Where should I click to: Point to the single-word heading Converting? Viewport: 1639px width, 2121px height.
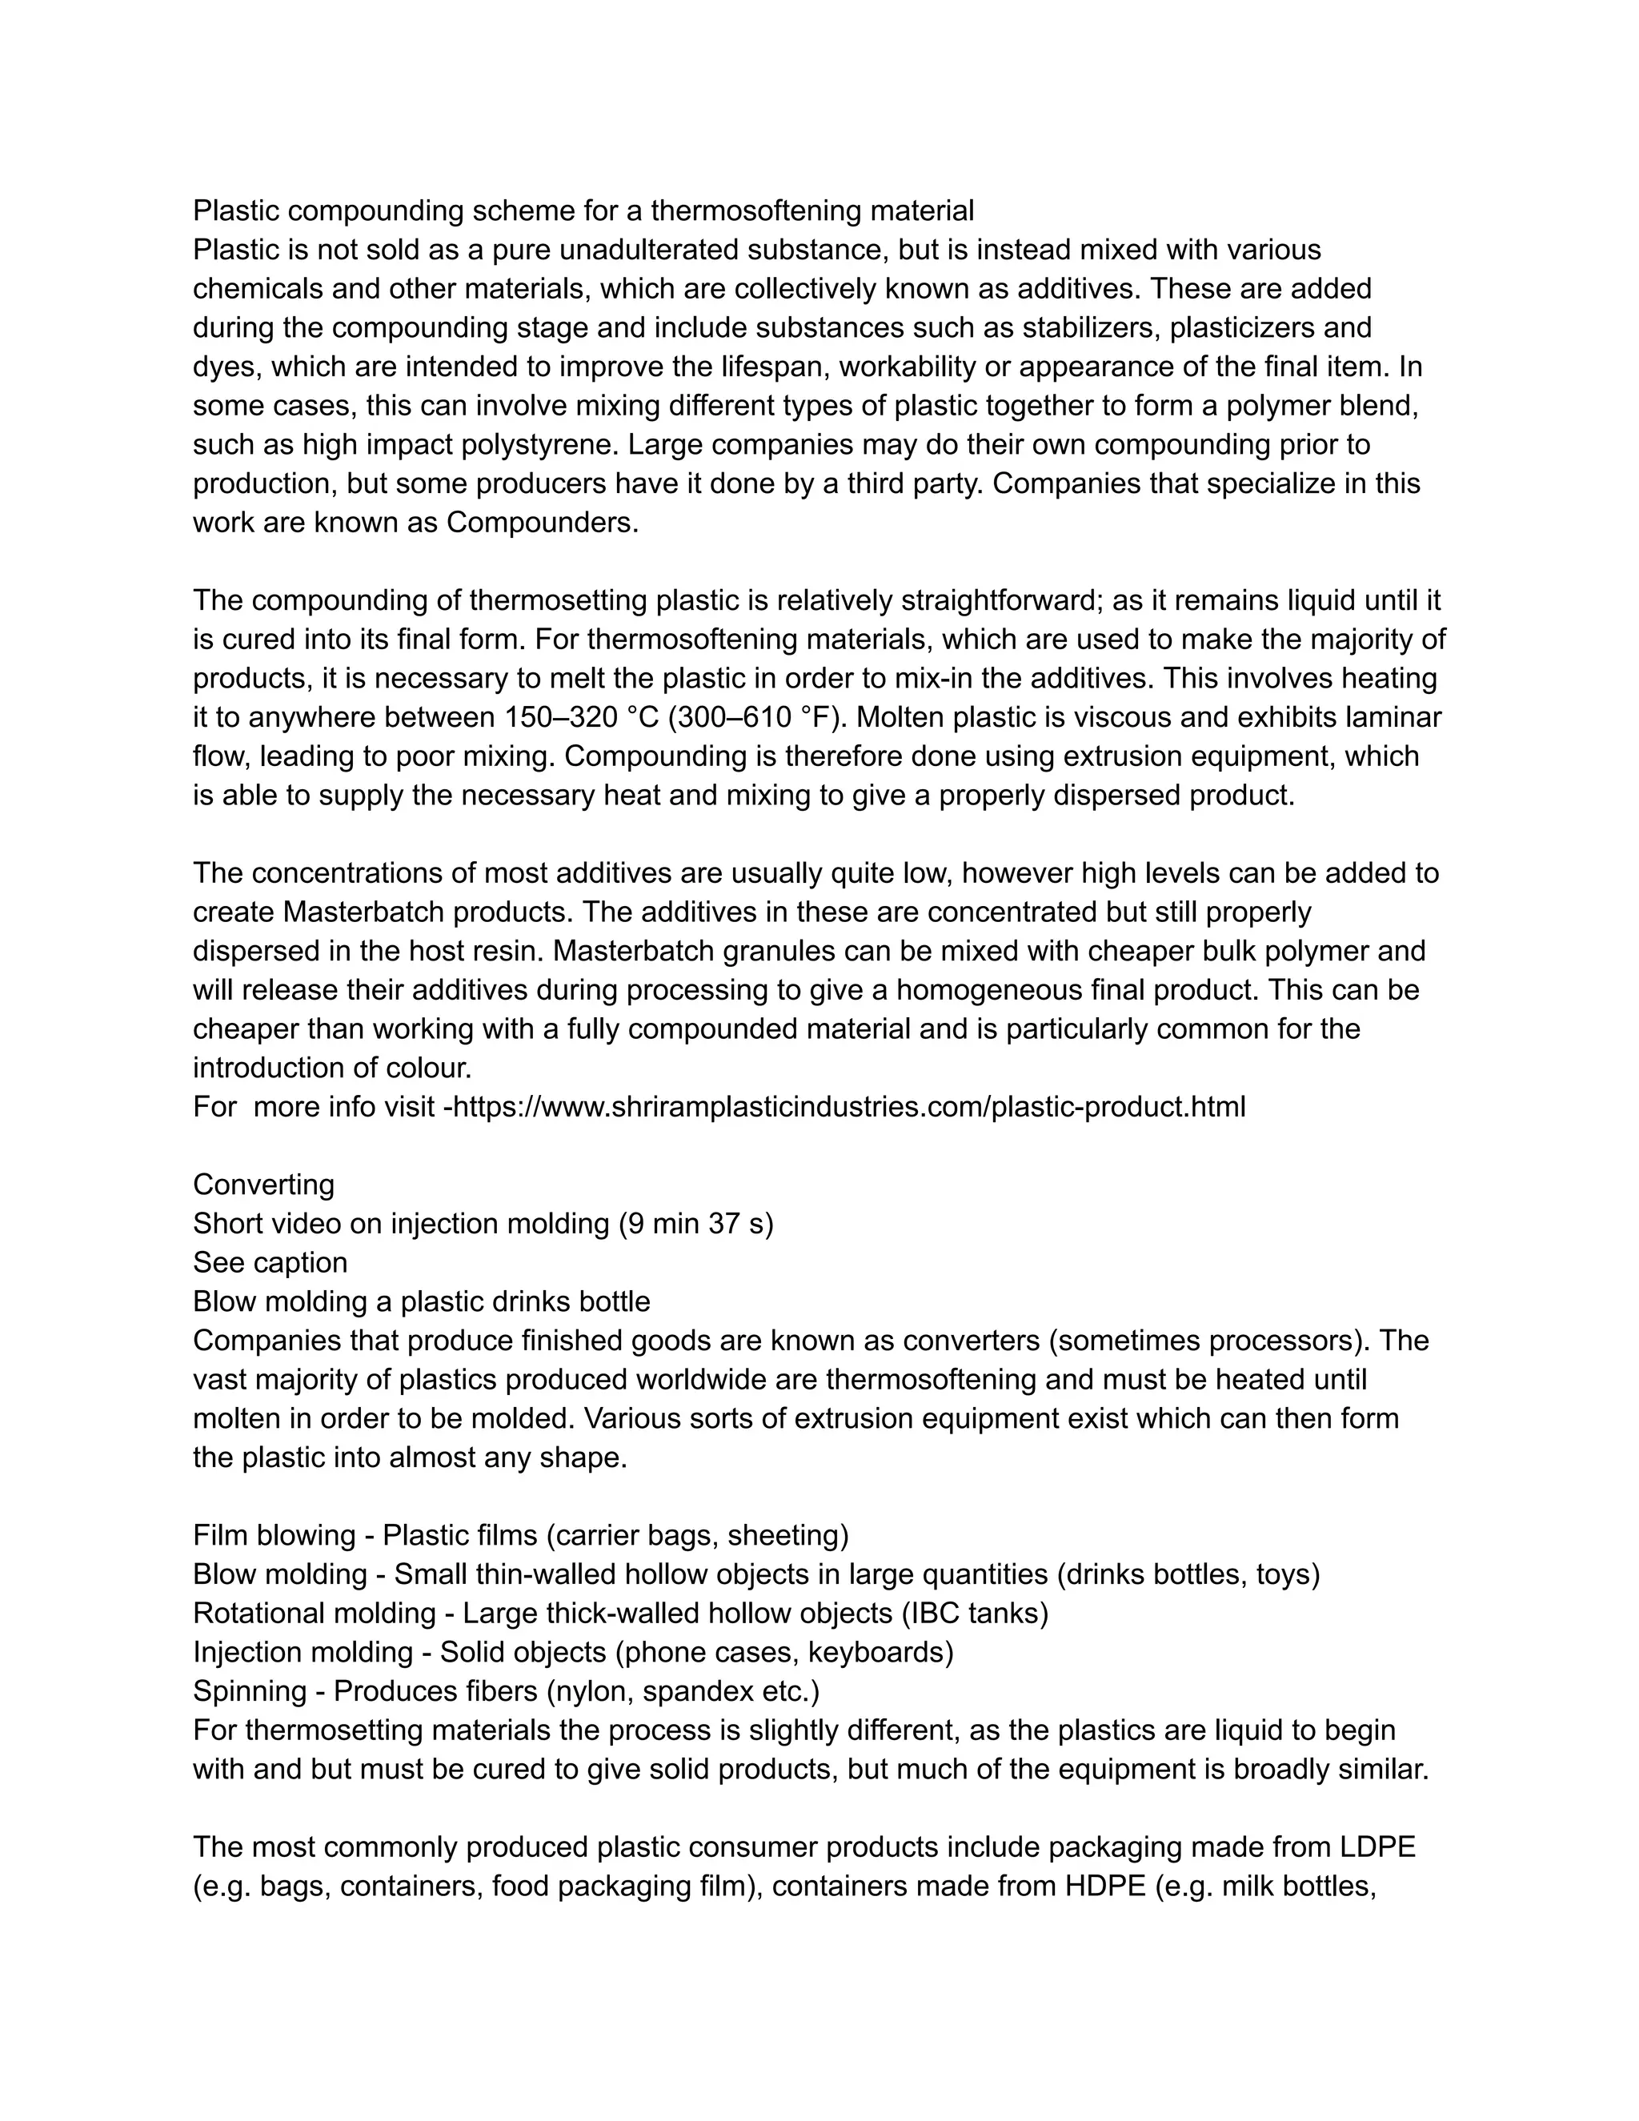[263, 1185]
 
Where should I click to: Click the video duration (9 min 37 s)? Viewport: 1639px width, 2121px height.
[696, 1224]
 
